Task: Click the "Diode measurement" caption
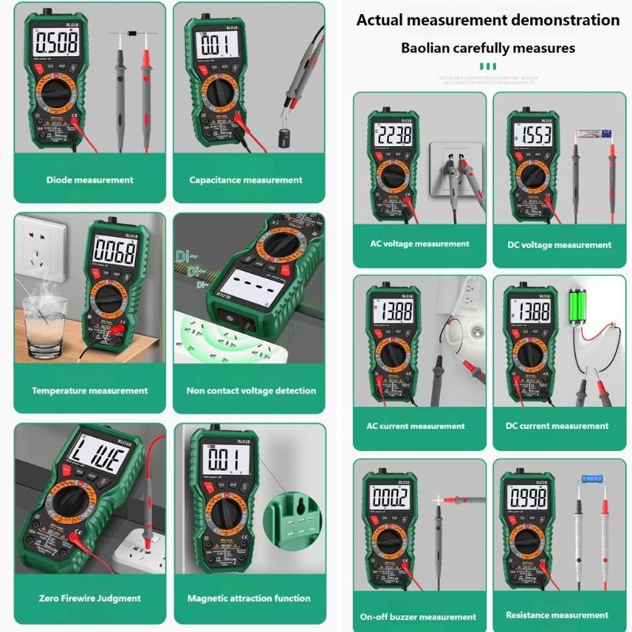[89, 180]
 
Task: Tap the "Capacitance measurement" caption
[246, 180]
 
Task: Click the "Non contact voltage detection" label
[250, 390]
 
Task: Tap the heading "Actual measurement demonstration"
[487, 21]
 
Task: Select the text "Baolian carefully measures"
[487, 48]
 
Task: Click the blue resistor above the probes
[592, 478]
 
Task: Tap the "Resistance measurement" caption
[557, 615]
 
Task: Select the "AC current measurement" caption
[416, 426]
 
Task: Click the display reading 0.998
[530, 497]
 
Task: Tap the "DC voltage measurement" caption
[559, 245]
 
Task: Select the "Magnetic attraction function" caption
[249, 598]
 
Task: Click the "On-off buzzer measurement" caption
[418, 617]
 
